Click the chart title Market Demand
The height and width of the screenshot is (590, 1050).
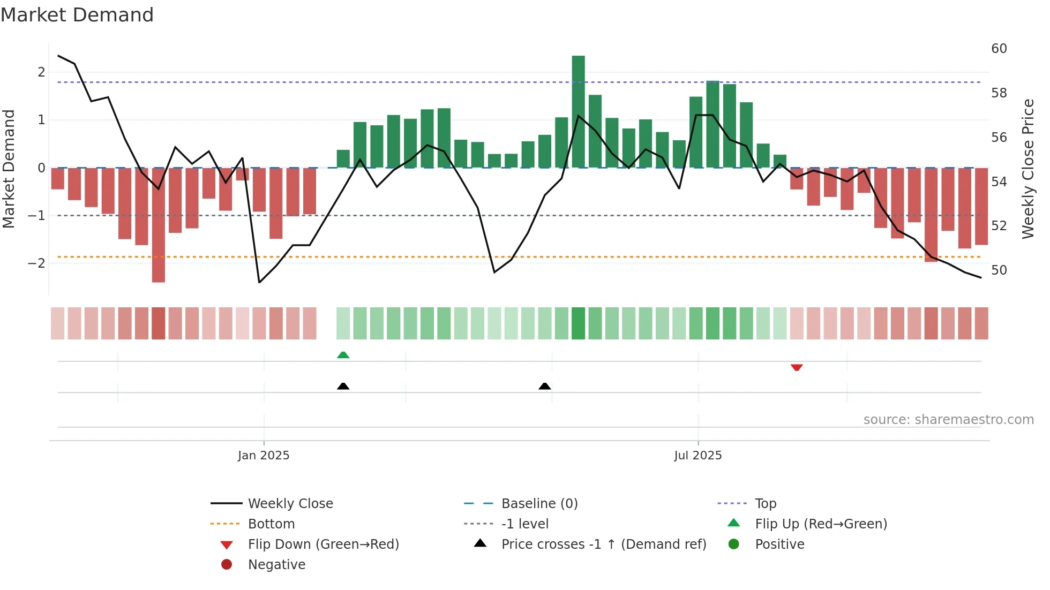click(77, 15)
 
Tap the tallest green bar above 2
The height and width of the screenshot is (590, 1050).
click(578, 111)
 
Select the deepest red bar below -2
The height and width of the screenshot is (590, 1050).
click(159, 225)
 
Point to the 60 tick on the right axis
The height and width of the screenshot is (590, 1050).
click(999, 49)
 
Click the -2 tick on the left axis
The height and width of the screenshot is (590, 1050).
click(36, 263)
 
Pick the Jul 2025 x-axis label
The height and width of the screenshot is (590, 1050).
click(697, 456)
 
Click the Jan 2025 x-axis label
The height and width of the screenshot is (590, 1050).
click(264, 456)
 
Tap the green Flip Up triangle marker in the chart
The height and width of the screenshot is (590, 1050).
click(343, 355)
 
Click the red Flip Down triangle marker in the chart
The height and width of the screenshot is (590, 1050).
click(797, 367)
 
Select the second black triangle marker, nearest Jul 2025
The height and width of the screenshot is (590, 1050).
click(545, 386)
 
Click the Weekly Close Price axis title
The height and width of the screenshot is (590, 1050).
click(1027, 169)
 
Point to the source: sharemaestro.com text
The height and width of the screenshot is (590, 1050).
click(948, 420)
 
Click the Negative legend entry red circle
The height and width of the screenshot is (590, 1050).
click(227, 565)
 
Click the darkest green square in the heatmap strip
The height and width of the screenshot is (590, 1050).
click(578, 323)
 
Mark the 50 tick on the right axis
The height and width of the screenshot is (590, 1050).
click(999, 270)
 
